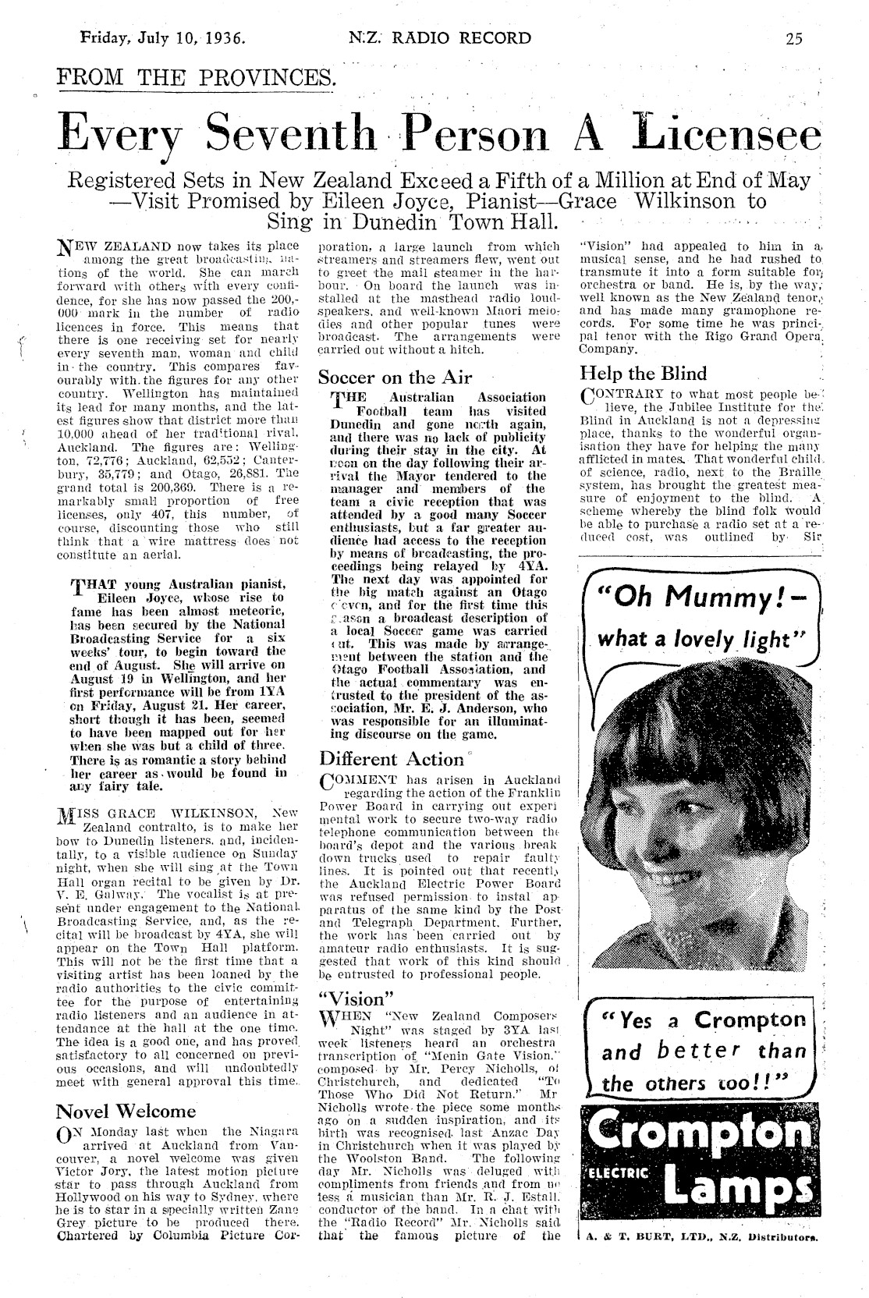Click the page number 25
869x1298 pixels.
[794, 39]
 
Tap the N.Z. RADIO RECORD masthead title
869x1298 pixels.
[440, 38]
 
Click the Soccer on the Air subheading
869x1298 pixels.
[395, 378]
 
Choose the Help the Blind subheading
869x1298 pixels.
[644, 373]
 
